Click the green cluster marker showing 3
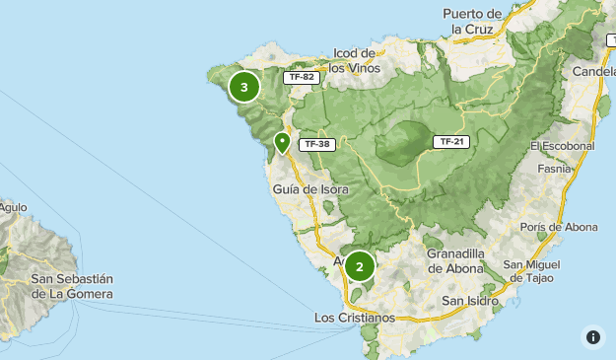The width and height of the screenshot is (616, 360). pos(243,87)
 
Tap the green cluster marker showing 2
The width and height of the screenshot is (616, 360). pos(360,265)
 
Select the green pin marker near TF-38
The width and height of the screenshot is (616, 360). pos(282,144)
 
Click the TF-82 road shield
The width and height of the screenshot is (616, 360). pos(299,77)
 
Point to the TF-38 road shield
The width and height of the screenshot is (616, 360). pos(316,144)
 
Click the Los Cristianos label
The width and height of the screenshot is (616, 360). pos(354,318)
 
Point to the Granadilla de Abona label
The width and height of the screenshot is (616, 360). pos(455,260)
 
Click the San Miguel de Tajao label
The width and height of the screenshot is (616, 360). pos(533,271)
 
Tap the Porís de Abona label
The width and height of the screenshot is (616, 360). pos(559,227)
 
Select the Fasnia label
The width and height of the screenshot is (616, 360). pos(555,169)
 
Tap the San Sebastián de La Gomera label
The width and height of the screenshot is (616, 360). pos(72,286)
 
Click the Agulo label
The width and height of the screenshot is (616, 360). pos(13,207)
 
